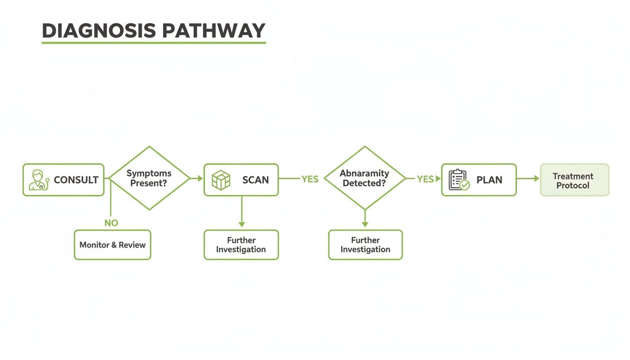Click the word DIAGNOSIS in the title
click(98, 30)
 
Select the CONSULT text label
click(76, 180)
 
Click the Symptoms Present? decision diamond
click(149, 178)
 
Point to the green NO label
click(111, 223)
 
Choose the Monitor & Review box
click(112, 245)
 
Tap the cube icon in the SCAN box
click(221, 180)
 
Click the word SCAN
click(255, 180)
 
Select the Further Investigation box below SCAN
click(241, 245)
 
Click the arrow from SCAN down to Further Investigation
click(241, 213)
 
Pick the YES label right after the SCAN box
click(310, 179)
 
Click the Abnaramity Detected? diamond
click(364, 178)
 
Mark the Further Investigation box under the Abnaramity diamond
click(365, 245)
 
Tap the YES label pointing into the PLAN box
click(425, 179)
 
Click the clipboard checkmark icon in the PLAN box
click(459, 180)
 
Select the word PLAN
click(489, 180)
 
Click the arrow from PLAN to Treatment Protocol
click(528, 179)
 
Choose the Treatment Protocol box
click(574, 180)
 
